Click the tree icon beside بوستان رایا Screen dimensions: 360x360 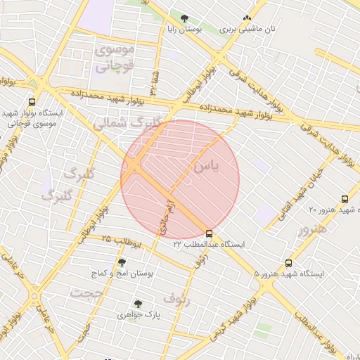pyautogui.click(x=184, y=19)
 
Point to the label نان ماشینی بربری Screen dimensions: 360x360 pyautogui.click(x=247, y=30)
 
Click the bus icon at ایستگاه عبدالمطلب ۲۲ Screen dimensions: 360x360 pyautogui.click(x=209, y=233)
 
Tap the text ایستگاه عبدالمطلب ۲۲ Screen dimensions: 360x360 pyautogui.click(x=209, y=244)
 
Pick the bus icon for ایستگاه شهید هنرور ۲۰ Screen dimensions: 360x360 pyautogui.click(x=345, y=200)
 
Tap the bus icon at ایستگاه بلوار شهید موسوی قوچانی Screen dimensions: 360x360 pyautogui.click(x=32, y=103)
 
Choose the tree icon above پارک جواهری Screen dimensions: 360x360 pyautogui.click(x=138, y=304)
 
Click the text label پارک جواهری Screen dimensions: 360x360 pyautogui.click(x=138, y=315)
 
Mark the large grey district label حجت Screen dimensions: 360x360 pyautogui.click(x=89, y=292)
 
